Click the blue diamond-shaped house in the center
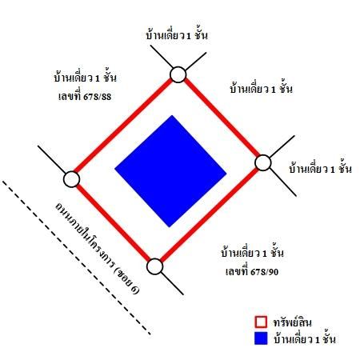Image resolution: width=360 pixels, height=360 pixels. click(170, 171)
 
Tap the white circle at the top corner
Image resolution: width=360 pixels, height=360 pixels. click(178, 74)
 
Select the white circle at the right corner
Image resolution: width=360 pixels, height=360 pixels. click(263, 162)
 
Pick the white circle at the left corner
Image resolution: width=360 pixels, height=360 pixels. click(71, 179)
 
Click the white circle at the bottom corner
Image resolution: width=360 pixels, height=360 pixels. click(155, 266)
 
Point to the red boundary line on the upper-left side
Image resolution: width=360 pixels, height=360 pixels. click(123, 126)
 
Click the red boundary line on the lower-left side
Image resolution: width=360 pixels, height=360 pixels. click(113, 222)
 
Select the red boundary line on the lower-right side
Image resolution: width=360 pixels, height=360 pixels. click(210, 214)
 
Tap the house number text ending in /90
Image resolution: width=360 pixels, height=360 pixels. click(252, 272)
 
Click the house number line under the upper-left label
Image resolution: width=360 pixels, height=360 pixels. click(85, 97)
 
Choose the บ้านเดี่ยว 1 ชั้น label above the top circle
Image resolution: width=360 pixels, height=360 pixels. click(177, 35)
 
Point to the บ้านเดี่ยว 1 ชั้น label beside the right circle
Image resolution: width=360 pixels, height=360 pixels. click(321, 169)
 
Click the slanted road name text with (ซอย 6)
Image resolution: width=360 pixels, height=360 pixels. click(98, 248)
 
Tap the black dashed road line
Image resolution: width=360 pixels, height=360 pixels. click(77, 258)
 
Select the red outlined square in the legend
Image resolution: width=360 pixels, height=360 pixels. click(261, 322)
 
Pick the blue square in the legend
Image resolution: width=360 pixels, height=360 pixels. click(261, 338)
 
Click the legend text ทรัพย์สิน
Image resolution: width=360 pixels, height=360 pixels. click(293, 322)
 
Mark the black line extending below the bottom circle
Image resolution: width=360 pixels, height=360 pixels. click(172, 283)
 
